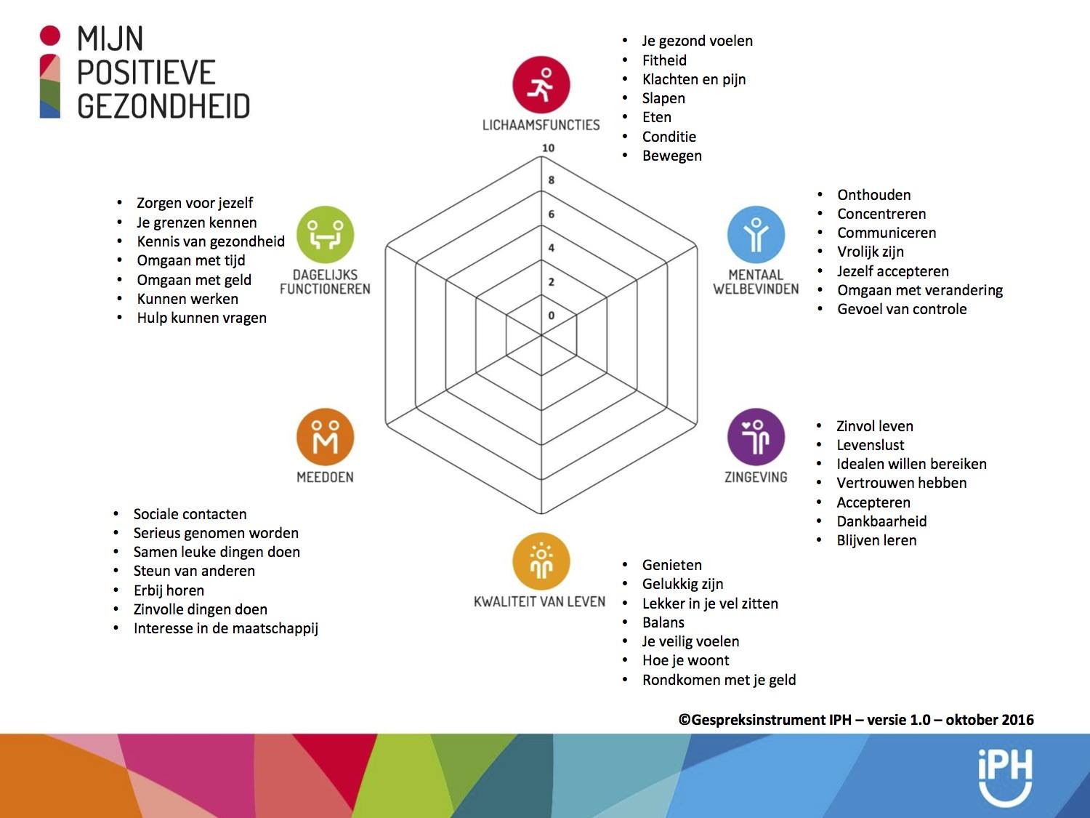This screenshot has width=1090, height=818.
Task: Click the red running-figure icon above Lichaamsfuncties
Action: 541,84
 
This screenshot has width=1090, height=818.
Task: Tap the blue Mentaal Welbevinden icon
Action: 756,234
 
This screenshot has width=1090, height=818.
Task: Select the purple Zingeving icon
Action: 756,437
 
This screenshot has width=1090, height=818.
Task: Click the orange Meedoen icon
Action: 326,437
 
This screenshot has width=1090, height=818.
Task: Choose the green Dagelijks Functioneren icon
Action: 326,234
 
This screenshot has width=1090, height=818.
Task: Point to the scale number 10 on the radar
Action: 548,148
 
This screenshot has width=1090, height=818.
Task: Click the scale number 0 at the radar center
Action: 552,316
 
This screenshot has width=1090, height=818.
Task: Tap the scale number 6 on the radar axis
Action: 552,214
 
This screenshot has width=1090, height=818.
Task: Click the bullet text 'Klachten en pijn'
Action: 694,79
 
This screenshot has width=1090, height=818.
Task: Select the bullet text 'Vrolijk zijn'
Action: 870,252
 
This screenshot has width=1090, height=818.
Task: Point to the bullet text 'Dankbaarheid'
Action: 881,521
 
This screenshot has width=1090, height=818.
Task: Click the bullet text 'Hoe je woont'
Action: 685,660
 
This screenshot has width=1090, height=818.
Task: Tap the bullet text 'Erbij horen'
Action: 169,590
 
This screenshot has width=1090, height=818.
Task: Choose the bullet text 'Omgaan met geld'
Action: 194,280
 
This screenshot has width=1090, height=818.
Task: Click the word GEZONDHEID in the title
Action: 163,105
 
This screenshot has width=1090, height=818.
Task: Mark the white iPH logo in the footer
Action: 1005,777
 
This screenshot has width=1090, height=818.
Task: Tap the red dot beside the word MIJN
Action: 49,36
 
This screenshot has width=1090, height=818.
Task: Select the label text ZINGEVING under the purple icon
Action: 756,477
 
